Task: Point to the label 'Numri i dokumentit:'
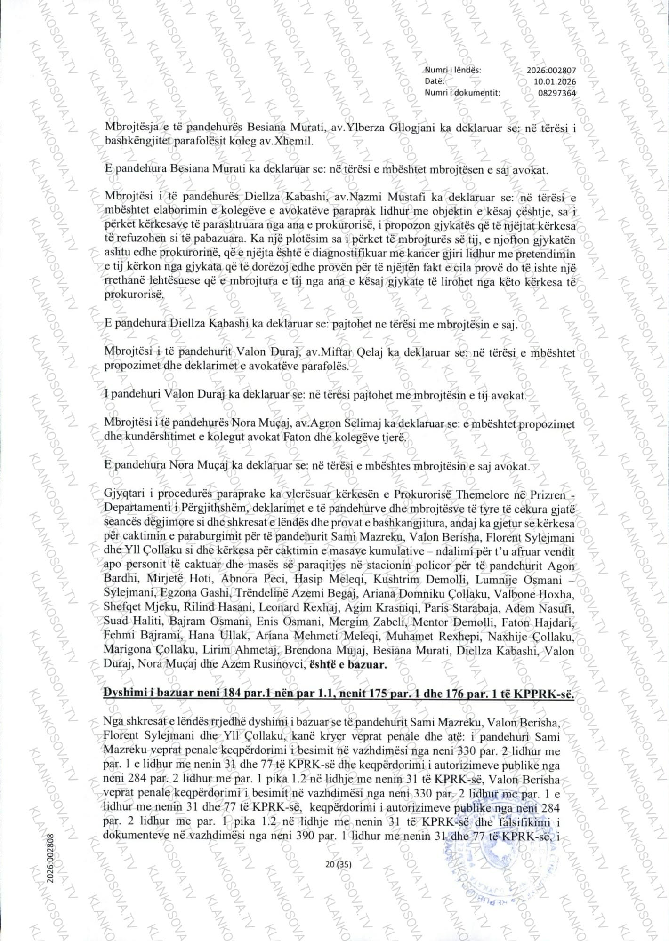click(462, 93)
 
